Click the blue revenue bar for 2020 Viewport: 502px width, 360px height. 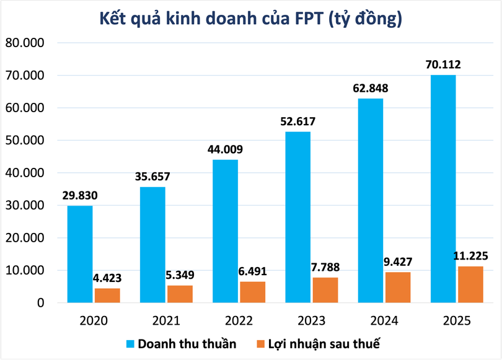point(80,254)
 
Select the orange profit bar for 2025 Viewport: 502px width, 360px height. point(470,284)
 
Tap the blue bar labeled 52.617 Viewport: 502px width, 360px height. point(298,217)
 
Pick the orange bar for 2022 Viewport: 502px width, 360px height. point(252,292)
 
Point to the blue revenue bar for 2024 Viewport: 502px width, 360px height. point(371,200)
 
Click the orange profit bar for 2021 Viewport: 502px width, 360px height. point(180,294)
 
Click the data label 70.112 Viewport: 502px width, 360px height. point(443,64)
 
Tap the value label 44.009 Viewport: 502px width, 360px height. point(226,149)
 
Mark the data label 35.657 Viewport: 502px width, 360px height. point(152,177)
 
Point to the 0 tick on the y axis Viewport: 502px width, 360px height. point(41,303)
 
